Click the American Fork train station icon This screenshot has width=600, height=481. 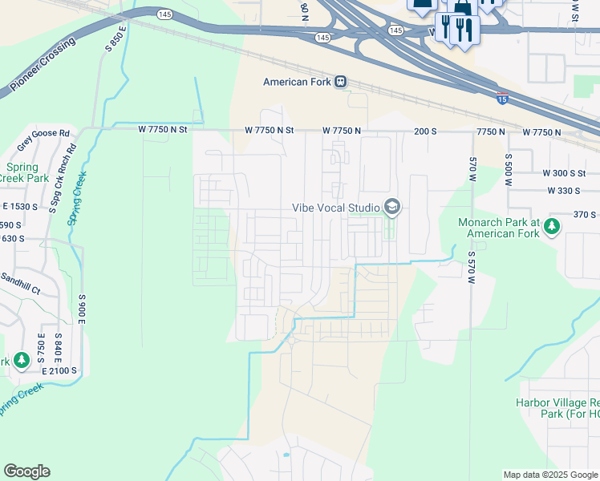341,82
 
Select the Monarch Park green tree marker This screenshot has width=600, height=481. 552,228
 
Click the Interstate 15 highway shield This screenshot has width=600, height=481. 502,99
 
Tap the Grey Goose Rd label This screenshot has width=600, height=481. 43,134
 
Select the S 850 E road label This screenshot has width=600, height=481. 116,39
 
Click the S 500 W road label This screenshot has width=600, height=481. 508,169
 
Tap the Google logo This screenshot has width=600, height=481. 26,471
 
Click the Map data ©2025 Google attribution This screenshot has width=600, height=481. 549,475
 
